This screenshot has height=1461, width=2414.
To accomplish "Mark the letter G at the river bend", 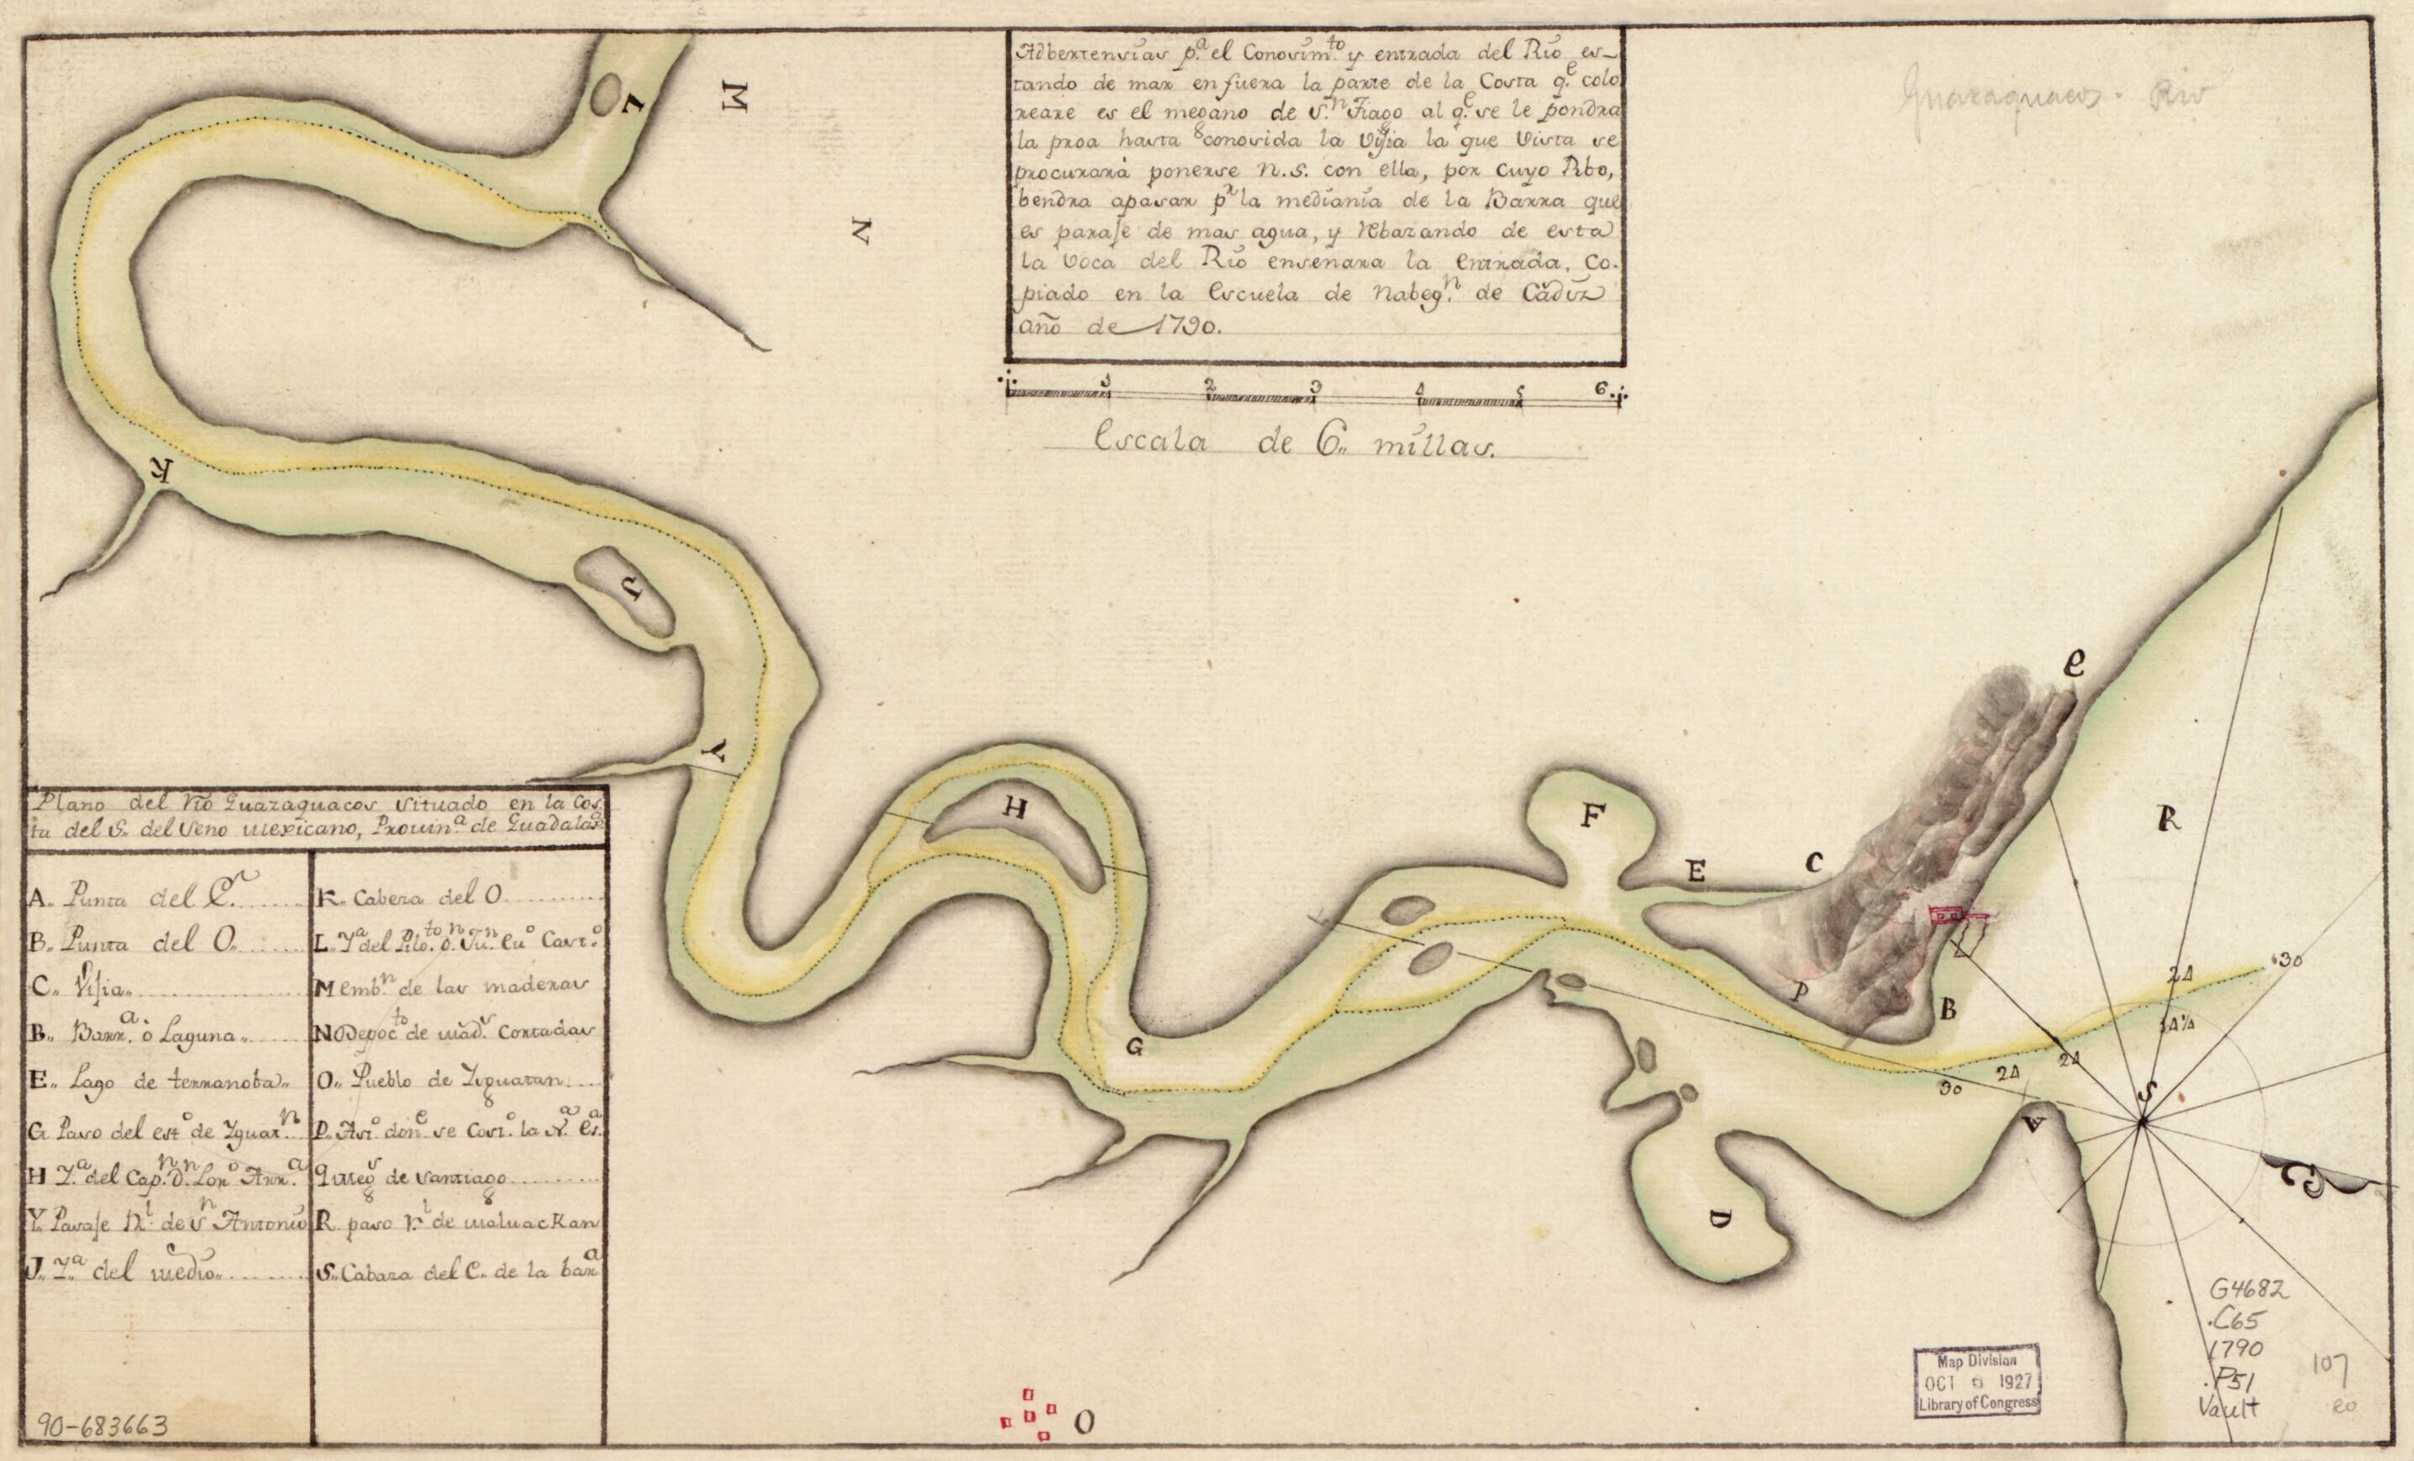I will coord(1134,1048).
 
